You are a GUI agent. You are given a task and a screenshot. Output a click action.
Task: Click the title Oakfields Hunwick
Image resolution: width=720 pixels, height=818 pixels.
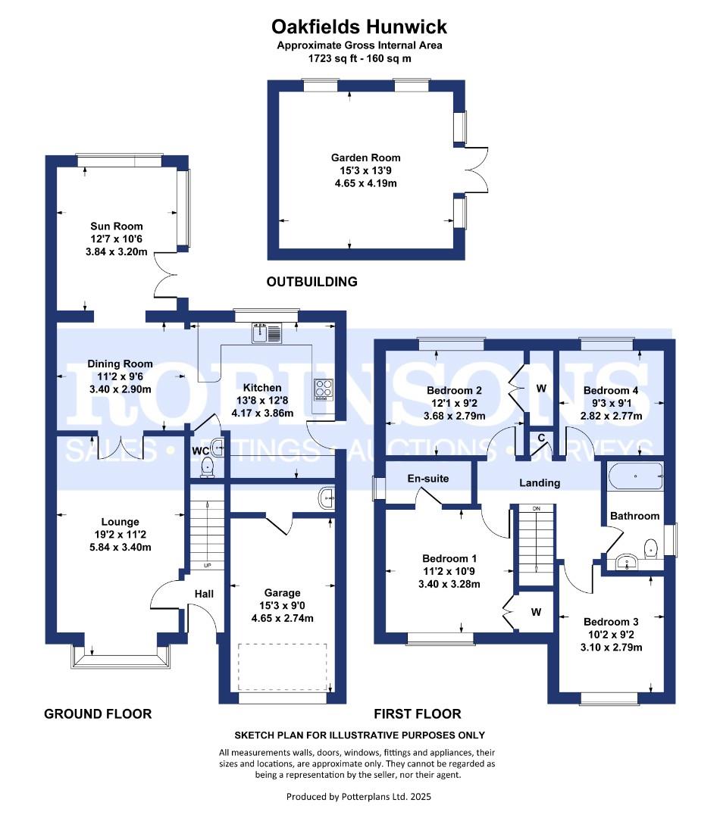click(x=358, y=27)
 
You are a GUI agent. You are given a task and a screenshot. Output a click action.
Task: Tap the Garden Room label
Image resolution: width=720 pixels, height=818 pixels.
click(x=365, y=158)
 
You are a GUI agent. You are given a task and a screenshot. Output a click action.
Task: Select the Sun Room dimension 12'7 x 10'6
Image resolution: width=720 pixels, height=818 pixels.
click(x=117, y=239)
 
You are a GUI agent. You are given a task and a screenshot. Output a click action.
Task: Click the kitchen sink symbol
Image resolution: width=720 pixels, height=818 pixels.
click(x=267, y=333)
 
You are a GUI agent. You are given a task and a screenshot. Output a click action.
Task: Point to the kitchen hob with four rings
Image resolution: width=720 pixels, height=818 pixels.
click(x=323, y=389)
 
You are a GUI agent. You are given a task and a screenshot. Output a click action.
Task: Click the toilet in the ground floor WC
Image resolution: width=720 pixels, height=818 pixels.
click(x=208, y=467)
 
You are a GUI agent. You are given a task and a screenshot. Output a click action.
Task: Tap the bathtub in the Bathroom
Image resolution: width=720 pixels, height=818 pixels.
click(x=635, y=476)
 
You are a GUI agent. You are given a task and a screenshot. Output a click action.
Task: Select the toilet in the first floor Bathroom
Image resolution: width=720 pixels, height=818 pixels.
click(x=650, y=548)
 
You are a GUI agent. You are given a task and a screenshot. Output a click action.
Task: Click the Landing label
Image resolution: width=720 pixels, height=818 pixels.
click(x=540, y=483)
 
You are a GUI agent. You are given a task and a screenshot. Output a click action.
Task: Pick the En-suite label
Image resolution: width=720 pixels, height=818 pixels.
click(x=428, y=479)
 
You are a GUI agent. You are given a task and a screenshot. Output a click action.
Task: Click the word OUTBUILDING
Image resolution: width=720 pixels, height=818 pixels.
click(x=312, y=282)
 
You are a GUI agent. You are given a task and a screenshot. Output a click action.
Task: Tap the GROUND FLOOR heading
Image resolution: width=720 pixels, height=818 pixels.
click(x=98, y=713)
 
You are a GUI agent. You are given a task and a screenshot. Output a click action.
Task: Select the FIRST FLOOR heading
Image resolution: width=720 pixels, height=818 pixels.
click(x=418, y=713)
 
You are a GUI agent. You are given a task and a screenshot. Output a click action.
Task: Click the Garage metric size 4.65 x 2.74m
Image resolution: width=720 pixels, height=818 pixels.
click(x=283, y=618)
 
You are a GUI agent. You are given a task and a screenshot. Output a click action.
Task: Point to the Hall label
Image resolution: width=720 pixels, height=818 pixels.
click(x=204, y=594)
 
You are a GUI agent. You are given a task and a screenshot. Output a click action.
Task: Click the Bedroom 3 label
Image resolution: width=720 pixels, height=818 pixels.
click(x=611, y=622)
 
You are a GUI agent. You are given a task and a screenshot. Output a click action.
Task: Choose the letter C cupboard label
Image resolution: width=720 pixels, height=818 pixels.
click(x=541, y=438)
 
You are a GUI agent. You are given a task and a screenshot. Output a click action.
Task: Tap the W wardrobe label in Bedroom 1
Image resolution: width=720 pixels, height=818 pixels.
click(x=537, y=612)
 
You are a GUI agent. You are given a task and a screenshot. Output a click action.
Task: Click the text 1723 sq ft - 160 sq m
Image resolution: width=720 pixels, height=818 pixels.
click(x=360, y=58)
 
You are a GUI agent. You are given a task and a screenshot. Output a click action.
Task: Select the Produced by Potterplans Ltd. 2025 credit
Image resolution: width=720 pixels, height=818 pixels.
click(x=358, y=797)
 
